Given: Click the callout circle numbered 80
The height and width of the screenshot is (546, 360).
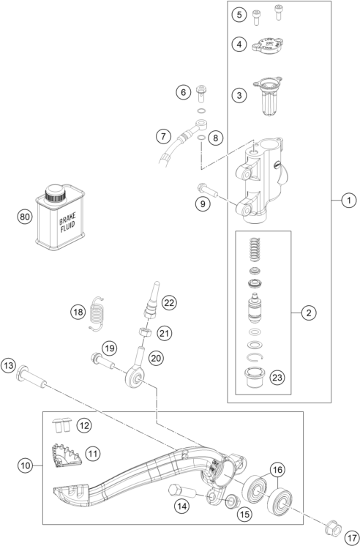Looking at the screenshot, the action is pos(24,217).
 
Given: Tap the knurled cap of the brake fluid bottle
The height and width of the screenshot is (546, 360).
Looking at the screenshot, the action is pos(55,193).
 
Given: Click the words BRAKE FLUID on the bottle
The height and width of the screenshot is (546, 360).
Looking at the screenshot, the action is pos(67,222).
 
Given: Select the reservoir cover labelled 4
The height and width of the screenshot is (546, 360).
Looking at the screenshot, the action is pos(267,45).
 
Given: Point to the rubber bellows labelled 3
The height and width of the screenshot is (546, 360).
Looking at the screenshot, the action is pos(267,96).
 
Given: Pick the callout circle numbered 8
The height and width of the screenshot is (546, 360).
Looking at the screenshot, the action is pos(216,138).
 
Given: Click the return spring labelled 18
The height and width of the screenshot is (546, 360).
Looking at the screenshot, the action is pos(97,313).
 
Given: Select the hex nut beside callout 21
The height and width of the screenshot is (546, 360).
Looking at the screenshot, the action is pos(144,331).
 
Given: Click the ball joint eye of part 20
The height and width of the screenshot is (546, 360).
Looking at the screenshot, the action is pos(135,377).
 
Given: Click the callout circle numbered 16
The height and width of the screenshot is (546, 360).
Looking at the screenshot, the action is pos(277,470).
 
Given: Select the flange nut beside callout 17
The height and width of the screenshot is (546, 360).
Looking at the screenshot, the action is pos(332,528).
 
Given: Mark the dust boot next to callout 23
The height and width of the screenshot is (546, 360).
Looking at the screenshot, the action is pos(255,377).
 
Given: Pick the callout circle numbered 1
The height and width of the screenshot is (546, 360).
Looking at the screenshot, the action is pos(349,201).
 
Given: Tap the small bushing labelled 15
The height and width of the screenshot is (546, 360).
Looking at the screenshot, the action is pos(232,501).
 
